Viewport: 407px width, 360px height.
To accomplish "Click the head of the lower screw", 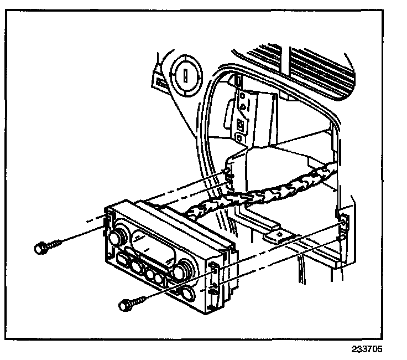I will (126, 304).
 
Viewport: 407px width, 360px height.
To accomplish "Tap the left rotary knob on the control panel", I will (117, 238).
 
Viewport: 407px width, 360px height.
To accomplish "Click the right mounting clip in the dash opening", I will (342, 220).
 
